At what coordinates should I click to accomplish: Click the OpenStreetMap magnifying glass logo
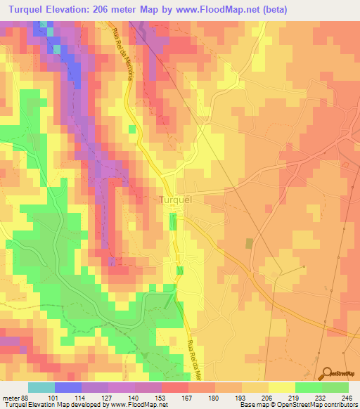(328, 373)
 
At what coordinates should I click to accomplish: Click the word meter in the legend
(11, 396)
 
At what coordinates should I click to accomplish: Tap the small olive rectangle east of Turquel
(249, 243)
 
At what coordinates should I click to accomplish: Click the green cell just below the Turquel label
(173, 222)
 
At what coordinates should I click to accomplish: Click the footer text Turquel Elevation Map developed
(42, 404)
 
